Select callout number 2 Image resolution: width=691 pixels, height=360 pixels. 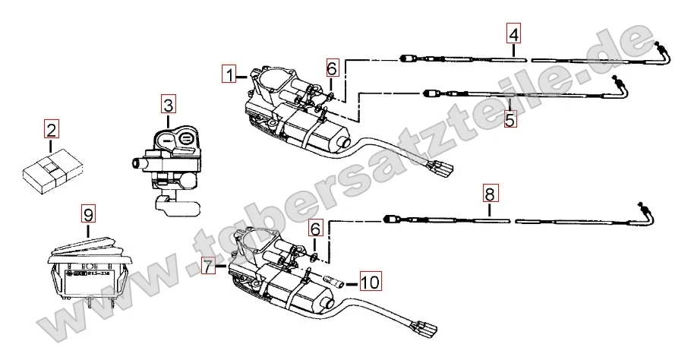51,129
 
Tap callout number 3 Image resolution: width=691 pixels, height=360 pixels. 168,104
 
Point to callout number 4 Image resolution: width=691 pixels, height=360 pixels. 514,34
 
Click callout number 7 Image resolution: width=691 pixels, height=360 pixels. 210,266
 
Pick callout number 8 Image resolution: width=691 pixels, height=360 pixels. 490,194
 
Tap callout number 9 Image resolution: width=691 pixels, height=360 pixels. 88,213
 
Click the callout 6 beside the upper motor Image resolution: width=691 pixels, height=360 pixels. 332,68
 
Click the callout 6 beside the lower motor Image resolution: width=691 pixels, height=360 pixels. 315,226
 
